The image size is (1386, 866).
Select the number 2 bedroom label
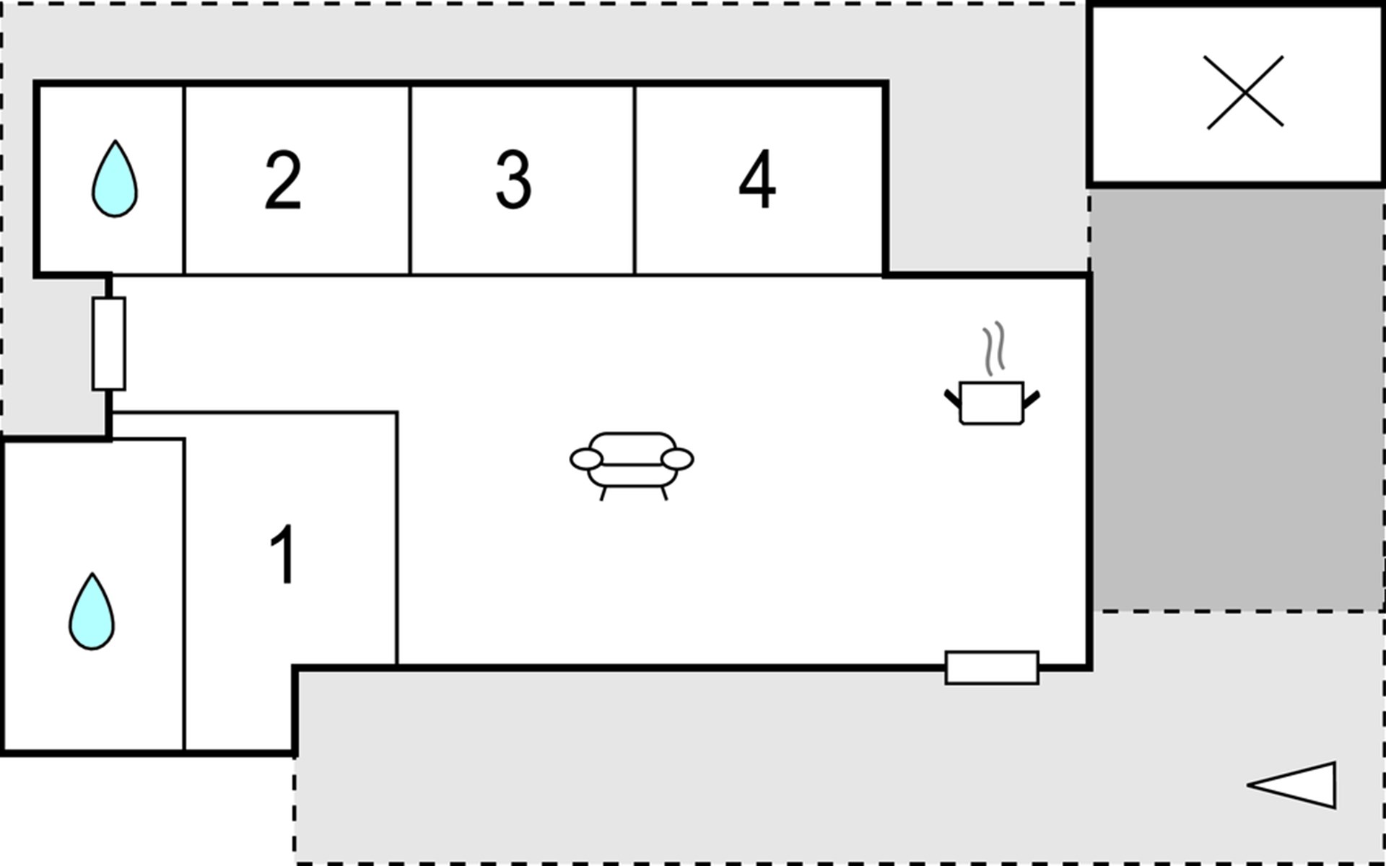tap(283, 180)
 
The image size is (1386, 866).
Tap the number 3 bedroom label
tap(513, 180)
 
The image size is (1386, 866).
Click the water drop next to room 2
tap(115, 180)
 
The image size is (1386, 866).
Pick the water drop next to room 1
tap(92, 612)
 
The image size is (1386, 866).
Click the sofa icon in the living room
tap(632, 465)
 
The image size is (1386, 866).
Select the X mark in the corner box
tap(1245, 92)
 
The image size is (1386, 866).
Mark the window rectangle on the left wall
tap(109, 344)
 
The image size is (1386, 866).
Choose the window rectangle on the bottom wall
tap(992, 668)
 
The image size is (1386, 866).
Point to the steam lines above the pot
tap(994, 349)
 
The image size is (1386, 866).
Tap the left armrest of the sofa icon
tap(586, 459)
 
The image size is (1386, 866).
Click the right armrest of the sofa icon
tap(677, 459)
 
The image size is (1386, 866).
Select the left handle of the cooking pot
tap(953, 398)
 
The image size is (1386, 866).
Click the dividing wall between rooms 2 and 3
tap(410, 180)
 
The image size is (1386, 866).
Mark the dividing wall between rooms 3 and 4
tap(635, 180)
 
